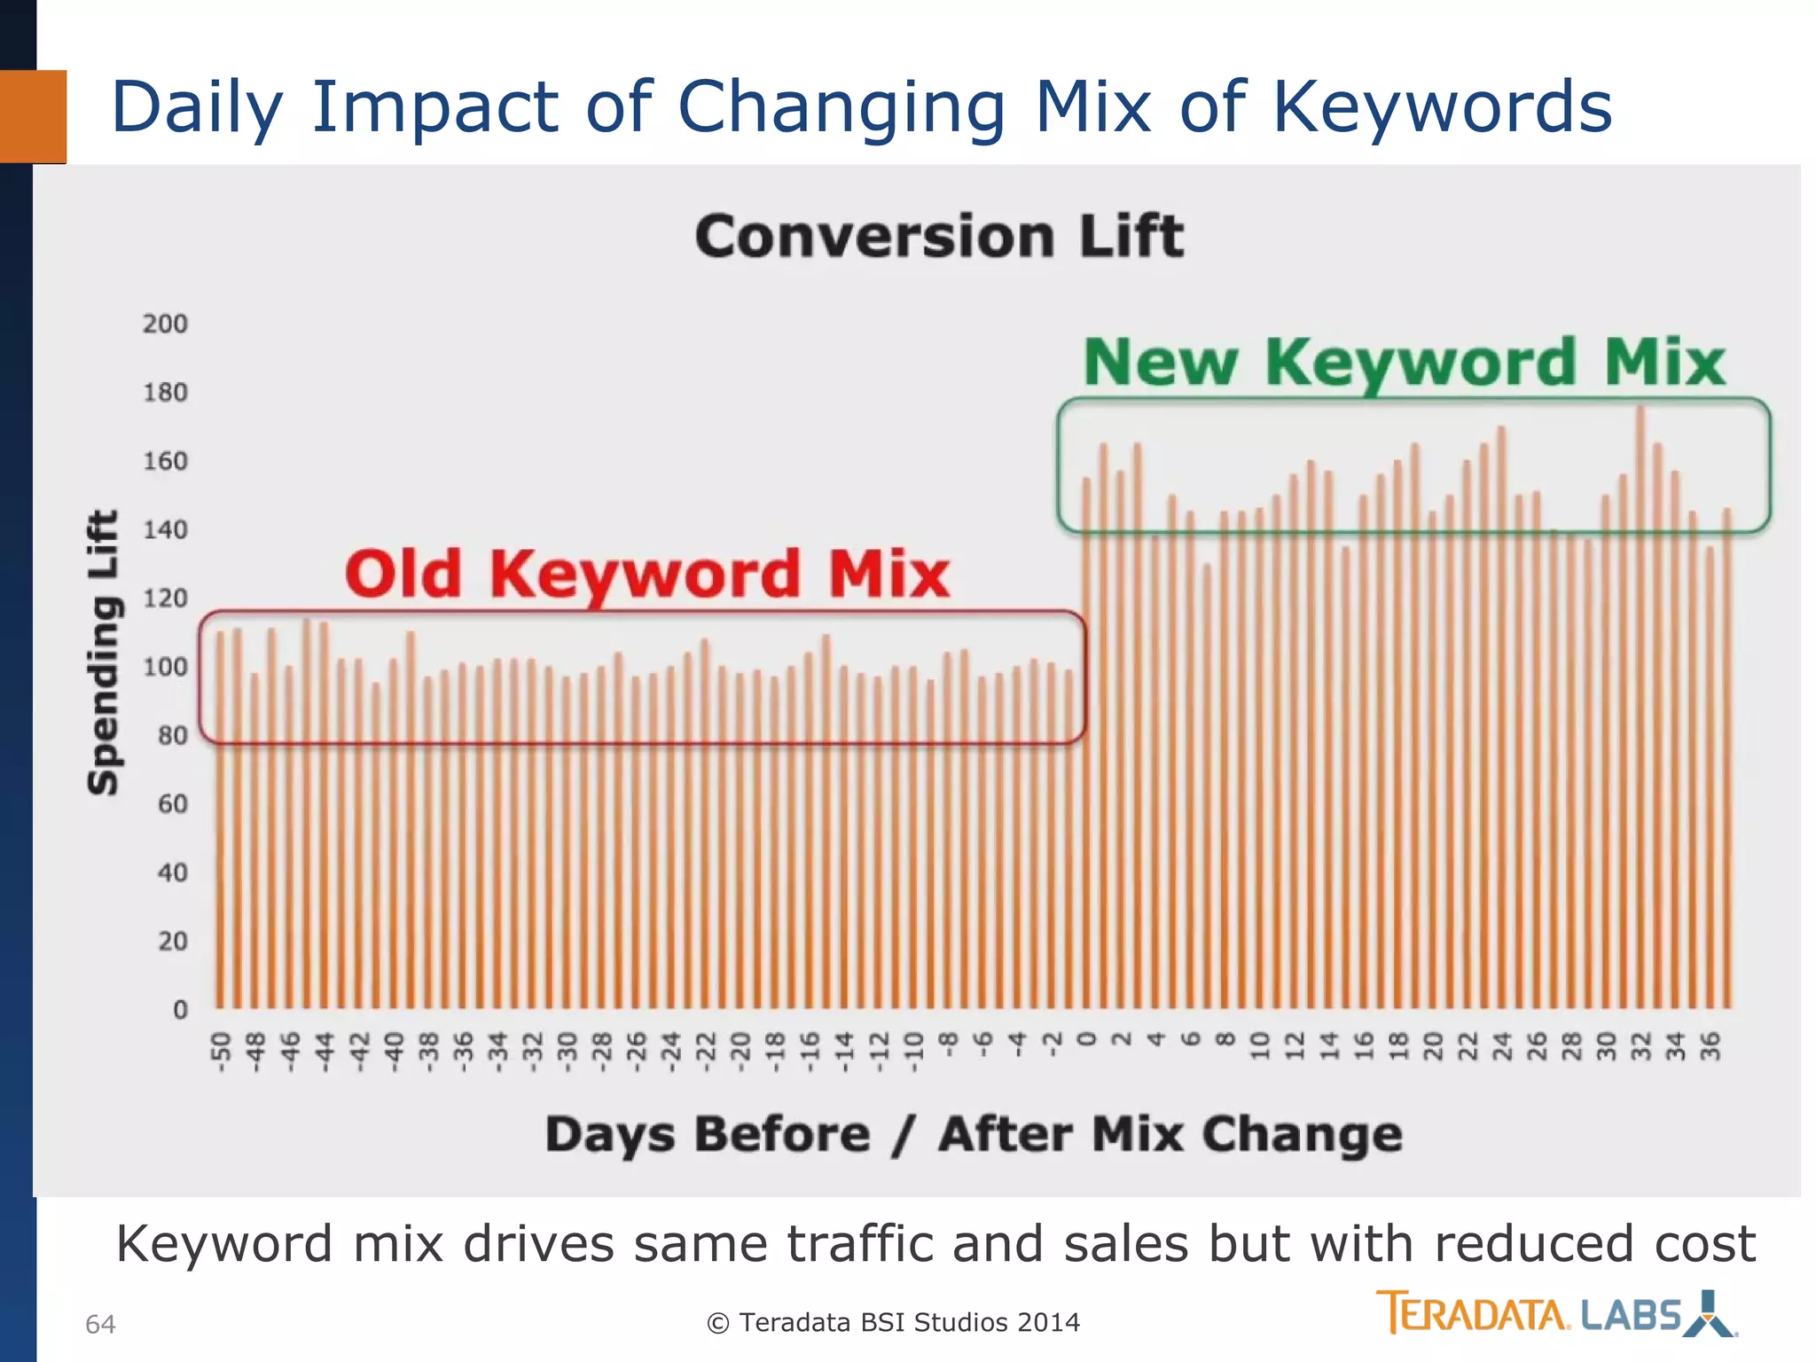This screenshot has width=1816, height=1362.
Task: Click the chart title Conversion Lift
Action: (x=939, y=237)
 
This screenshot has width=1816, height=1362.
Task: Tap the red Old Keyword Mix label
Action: (x=647, y=574)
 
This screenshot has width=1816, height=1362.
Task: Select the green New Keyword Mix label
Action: (x=1405, y=363)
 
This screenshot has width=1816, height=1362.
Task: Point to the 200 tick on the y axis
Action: (x=165, y=324)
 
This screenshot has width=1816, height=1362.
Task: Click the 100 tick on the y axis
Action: (x=165, y=667)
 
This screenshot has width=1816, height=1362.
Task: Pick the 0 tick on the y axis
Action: (x=180, y=1009)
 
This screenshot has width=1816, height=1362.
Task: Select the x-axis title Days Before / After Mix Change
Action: (x=974, y=1135)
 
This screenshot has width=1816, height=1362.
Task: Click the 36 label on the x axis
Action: (x=1710, y=1046)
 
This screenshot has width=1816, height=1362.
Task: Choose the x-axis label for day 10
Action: (x=1259, y=1046)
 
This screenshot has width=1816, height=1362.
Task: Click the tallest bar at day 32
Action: (x=1640, y=709)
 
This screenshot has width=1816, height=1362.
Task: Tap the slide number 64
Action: (x=100, y=1324)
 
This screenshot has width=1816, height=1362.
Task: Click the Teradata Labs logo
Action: (x=1555, y=1313)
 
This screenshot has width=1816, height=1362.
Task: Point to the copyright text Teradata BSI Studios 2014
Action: (x=894, y=1322)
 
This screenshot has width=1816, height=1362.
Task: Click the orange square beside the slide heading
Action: (x=33, y=116)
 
